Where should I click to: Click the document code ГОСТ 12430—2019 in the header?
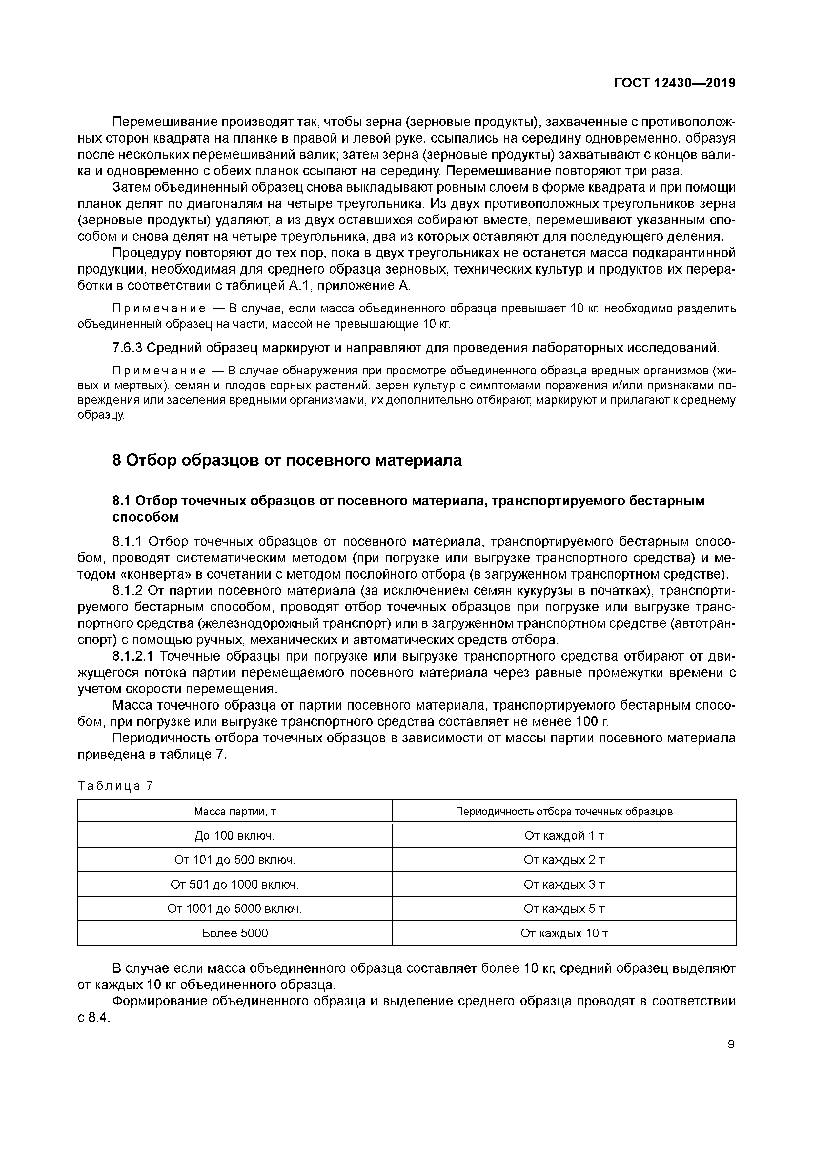674,83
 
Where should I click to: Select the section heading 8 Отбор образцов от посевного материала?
287,459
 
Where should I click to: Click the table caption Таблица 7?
115,786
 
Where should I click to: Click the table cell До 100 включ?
234,835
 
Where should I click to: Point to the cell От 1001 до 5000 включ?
234,908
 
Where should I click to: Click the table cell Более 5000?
234,933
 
